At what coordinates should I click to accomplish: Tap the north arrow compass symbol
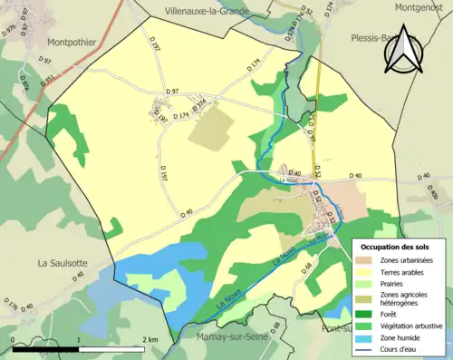pos(404,54)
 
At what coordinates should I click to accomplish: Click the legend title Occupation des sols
pos(397,246)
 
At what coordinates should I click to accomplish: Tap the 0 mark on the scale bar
pos(14,339)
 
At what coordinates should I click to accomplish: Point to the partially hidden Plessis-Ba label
pos(370,39)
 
